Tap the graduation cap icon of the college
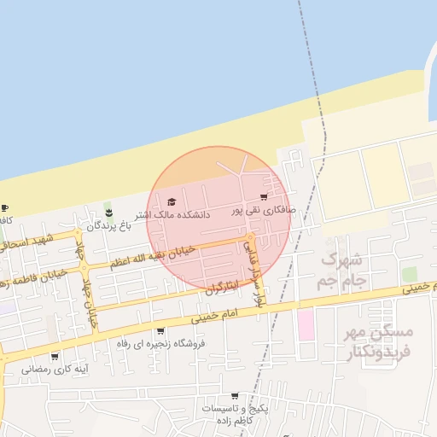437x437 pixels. (x=171, y=202)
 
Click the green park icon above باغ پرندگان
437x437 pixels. (x=108, y=211)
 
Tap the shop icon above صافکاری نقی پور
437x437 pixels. (x=274, y=198)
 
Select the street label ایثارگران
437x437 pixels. (x=219, y=288)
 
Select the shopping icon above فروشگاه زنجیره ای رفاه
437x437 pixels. (x=160, y=330)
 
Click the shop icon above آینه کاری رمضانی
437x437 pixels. (x=55, y=356)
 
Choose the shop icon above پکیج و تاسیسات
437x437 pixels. (x=249, y=397)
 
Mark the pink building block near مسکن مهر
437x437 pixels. (x=305, y=325)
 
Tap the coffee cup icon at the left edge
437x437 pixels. (x=4, y=207)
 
